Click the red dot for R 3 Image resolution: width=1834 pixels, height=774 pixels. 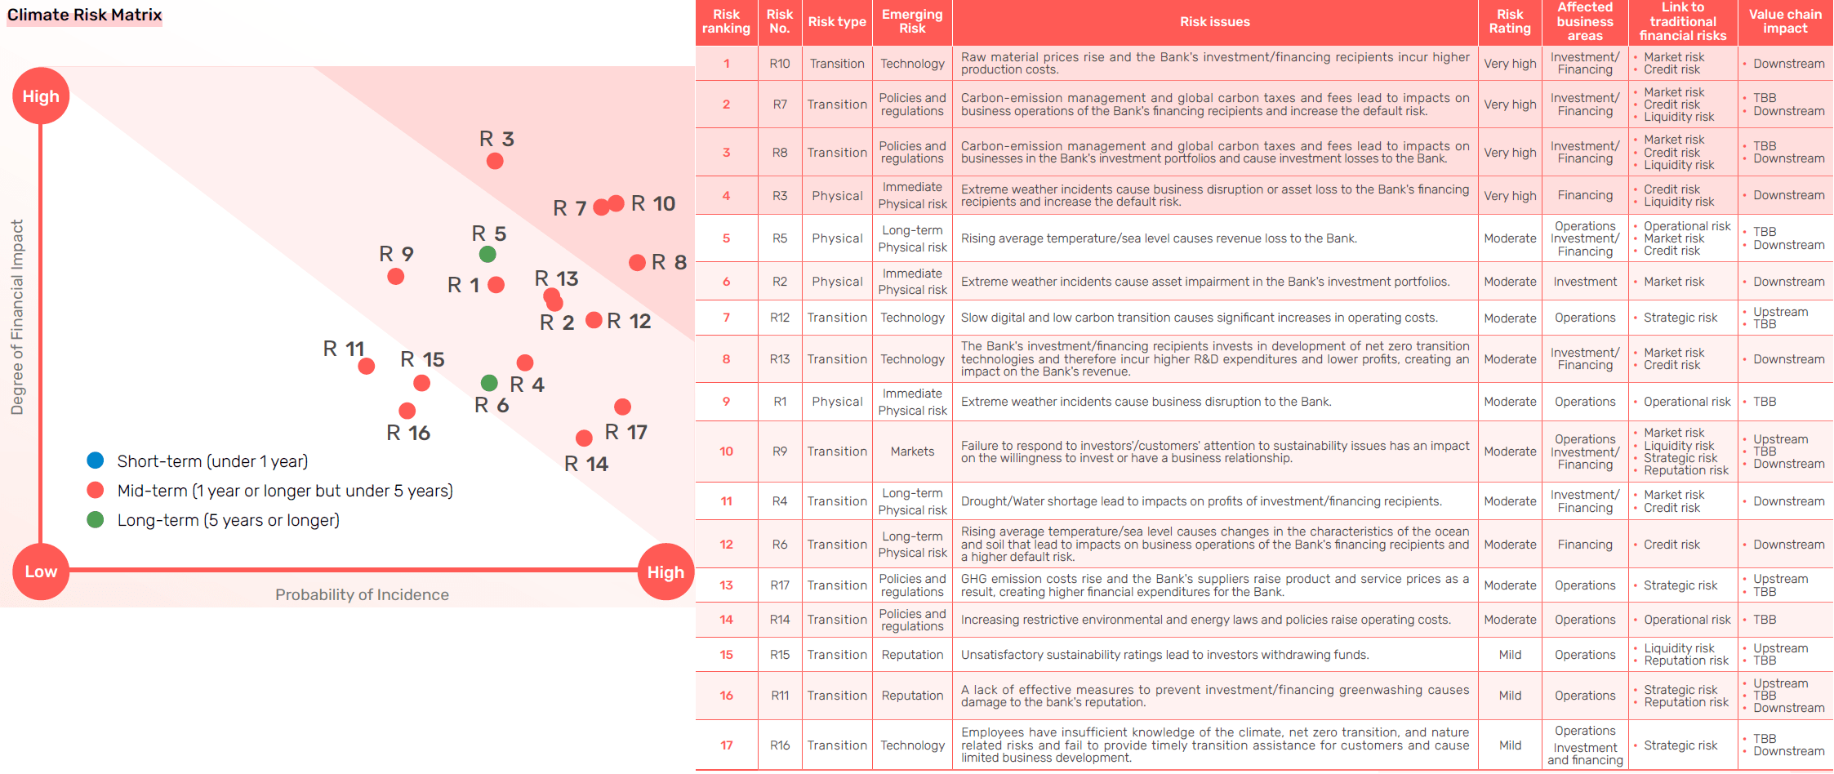pos(494,161)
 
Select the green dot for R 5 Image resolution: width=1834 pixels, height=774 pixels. pos(487,254)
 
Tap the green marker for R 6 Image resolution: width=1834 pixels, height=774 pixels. pos(489,383)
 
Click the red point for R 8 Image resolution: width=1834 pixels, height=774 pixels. pos(638,262)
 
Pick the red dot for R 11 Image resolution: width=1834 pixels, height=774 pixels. pos(367,366)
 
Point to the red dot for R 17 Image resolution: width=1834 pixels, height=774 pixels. pos(622,407)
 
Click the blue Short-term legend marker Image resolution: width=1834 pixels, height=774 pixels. pos(96,460)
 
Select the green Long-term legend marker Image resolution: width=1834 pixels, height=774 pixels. pos(96,519)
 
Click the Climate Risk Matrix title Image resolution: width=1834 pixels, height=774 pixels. pos(84,15)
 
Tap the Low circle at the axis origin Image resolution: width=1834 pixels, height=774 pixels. pos(41,572)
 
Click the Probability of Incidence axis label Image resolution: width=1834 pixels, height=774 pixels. pos(362,594)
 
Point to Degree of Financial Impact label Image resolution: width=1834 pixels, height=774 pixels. pos(17,317)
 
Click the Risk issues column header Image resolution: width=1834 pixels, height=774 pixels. pos(1214,22)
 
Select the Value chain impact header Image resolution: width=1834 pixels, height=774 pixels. pos(1785,21)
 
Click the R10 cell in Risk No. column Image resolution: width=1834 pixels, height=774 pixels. pos(780,64)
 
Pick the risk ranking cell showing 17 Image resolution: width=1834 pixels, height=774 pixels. pos(726,745)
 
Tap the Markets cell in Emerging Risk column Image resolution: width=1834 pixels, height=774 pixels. pos(912,451)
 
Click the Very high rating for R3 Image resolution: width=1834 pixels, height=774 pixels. pos(1510,196)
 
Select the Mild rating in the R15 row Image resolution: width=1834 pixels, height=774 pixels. pos(1510,655)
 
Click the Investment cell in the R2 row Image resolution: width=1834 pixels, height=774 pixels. pos(1584,282)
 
